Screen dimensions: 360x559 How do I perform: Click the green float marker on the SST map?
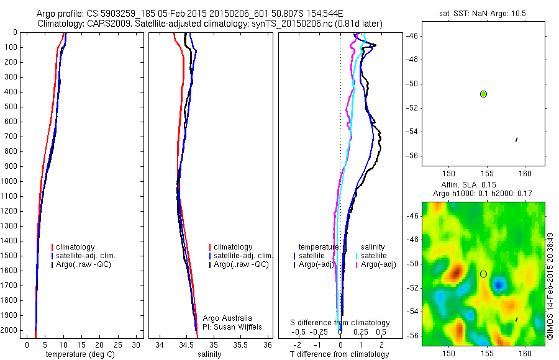(483, 94)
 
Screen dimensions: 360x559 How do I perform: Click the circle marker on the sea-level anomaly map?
(483, 274)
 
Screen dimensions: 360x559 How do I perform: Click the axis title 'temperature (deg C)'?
(78, 354)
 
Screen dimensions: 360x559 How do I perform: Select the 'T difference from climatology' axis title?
(340, 354)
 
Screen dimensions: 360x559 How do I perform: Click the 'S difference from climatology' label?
(340, 323)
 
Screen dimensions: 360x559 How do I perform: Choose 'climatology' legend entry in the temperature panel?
(75, 247)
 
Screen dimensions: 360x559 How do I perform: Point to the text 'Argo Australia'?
(227, 318)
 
